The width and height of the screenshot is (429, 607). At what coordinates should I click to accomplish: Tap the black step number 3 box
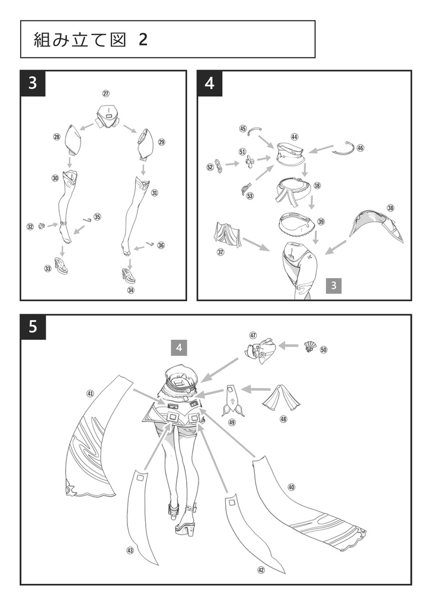click(x=33, y=83)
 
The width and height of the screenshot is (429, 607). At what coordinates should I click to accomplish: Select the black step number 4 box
click(x=209, y=83)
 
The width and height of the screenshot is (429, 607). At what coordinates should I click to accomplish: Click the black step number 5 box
click(x=33, y=327)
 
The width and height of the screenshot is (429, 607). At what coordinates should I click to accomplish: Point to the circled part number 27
click(x=106, y=94)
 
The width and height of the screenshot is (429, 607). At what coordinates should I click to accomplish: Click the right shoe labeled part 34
click(x=129, y=275)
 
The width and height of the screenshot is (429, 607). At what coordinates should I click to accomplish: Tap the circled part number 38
click(x=390, y=208)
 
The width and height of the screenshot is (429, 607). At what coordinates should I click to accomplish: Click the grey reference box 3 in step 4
click(x=334, y=286)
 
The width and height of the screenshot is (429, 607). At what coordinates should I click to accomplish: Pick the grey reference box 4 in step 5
click(x=179, y=347)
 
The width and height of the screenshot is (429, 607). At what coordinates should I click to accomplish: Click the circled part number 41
click(x=90, y=393)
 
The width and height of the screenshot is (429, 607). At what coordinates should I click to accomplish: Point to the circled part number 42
click(x=261, y=570)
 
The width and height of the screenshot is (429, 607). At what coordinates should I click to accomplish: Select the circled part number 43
click(x=130, y=551)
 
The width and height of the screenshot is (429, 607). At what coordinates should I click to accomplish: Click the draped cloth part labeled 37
click(x=228, y=235)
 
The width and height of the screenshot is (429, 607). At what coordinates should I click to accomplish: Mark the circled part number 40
click(x=292, y=487)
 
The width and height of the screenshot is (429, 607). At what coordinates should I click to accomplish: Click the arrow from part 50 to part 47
click(x=290, y=344)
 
